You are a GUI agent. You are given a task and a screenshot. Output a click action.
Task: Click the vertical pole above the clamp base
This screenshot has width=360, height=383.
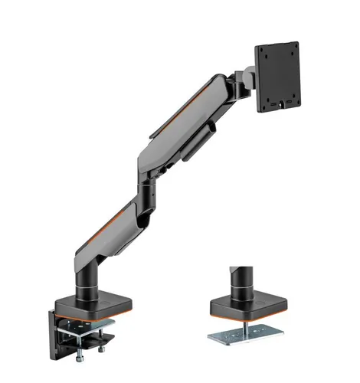pos(89,268)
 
